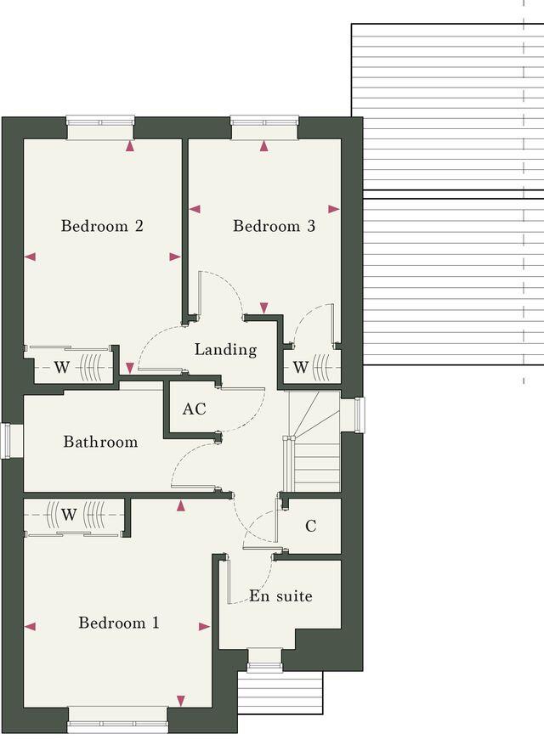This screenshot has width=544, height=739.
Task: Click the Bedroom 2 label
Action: [x=101, y=226]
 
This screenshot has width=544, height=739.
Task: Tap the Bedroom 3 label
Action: [x=267, y=226]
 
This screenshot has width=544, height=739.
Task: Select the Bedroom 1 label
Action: [x=118, y=623]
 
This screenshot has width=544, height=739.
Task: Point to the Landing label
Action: [x=225, y=349]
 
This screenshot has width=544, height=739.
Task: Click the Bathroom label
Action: [x=100, y=442]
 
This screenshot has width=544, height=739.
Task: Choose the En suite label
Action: [x=280, y=595]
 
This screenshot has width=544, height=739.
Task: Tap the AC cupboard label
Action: [x=194, y=409]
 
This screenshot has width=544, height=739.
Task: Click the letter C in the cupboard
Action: [x=310, y=527]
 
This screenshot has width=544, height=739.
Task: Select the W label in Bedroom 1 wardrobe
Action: [x=69, y=514]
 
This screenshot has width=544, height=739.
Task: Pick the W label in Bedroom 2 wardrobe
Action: [x=62, y=368]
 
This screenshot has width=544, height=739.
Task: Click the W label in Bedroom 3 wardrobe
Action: [x=300, y=368]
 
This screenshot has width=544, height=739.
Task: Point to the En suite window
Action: [x=264, y=655]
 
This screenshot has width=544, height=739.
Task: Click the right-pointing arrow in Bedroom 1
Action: [x=204, y=627]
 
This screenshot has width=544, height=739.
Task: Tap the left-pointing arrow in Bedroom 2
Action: [x=31, y=257]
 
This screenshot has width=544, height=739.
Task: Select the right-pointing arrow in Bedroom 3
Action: [x=333, y=209]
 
